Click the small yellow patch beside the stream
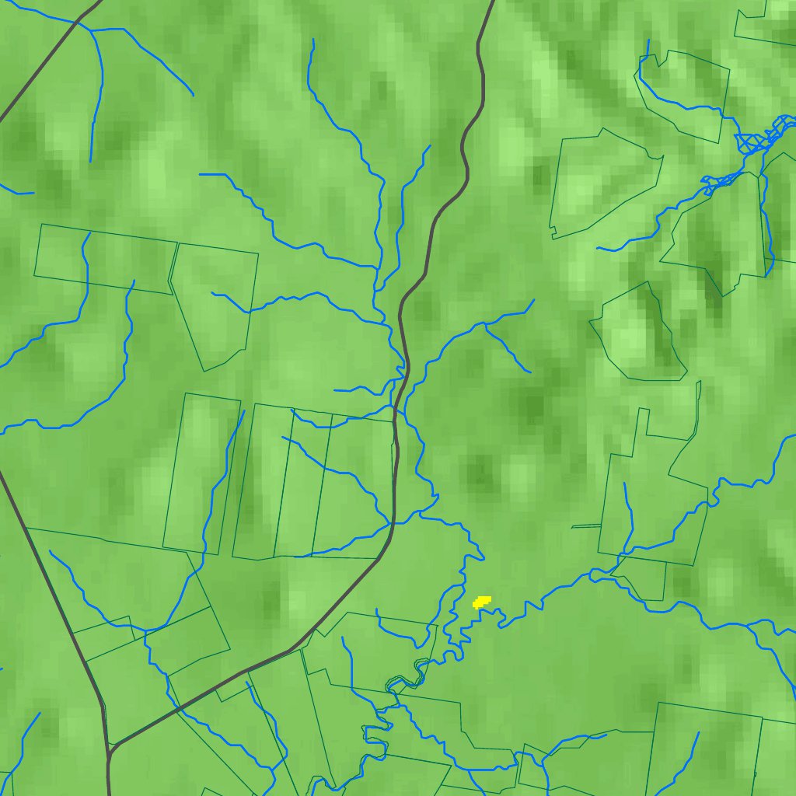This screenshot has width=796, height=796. pyautogui.click(x=482, y=601)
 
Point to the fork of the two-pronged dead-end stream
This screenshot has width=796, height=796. pyautogui.click(x=486, y=326)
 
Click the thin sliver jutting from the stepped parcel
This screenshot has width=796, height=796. pyautogui.click(x=586, y=526)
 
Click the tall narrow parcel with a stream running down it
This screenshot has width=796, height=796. pyautogui.click(x=201, y=474)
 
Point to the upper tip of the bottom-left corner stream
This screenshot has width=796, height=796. pyautogui.click(x=39, y=714)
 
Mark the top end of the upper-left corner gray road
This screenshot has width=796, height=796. pyautogui.click(x=99, y=2)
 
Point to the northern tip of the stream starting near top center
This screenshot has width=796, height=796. pyautogui.click(x=312, y=40)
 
